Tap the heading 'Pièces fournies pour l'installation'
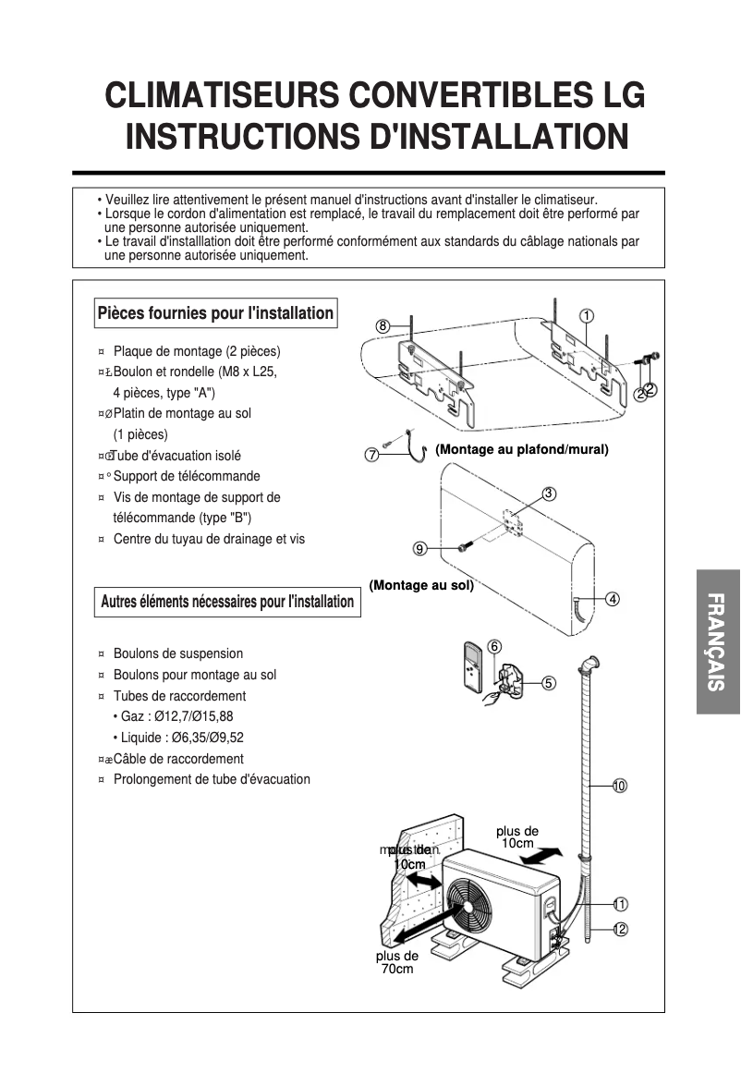pyautogui.click(x=215, y=313)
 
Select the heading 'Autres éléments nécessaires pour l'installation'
pyautogui.click(x=227, y=602)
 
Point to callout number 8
pyautogui.click(x=383, y=325)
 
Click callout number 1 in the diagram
pyautogui.click(x=587, y=316)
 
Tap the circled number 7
pyautogui.click(x=371, y=455)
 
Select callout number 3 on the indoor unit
pyautogui.click(x=549, y=494)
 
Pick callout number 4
pyautogui.click(x=612, y=598)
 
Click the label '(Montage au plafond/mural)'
pyautogui.click(x=522, y=450)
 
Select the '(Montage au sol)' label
pyautogui.click(x=421, y=585)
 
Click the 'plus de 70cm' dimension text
pyautogui.click(x=397, y=962)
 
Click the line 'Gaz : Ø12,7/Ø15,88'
pyautogui.click(x=177, y=716)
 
